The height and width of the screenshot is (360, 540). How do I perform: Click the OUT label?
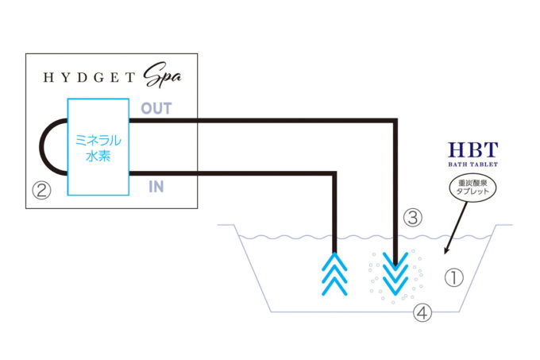coord(156,109)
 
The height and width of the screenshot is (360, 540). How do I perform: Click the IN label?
coord(156,187)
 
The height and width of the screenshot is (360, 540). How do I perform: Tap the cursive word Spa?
coord(162,75)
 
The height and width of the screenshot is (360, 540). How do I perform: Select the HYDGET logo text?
coord(89,78)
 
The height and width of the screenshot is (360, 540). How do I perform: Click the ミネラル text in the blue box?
coord(98,141)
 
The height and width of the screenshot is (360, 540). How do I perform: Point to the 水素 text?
coord(98,157)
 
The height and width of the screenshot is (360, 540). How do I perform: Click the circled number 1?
coord(454,277)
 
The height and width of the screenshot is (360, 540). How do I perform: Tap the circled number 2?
coord(41,191)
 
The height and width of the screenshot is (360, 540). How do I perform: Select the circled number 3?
coord(413,218)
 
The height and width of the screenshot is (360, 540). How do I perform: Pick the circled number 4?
coord(422,313)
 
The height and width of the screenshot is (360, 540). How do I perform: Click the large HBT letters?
coord(472,150)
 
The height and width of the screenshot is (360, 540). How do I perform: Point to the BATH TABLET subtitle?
coord(472,165)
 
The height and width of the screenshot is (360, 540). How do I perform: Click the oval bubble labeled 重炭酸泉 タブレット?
coord(472,188)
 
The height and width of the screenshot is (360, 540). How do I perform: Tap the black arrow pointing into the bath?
coord(456,228)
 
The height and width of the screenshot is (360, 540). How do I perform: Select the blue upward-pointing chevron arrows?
coord(334,274)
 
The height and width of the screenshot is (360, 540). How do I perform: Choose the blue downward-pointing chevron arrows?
coord(395,274)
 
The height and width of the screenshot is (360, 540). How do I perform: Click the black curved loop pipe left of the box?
coord(41,147)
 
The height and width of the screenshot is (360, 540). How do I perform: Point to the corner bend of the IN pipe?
coord(334,173)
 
